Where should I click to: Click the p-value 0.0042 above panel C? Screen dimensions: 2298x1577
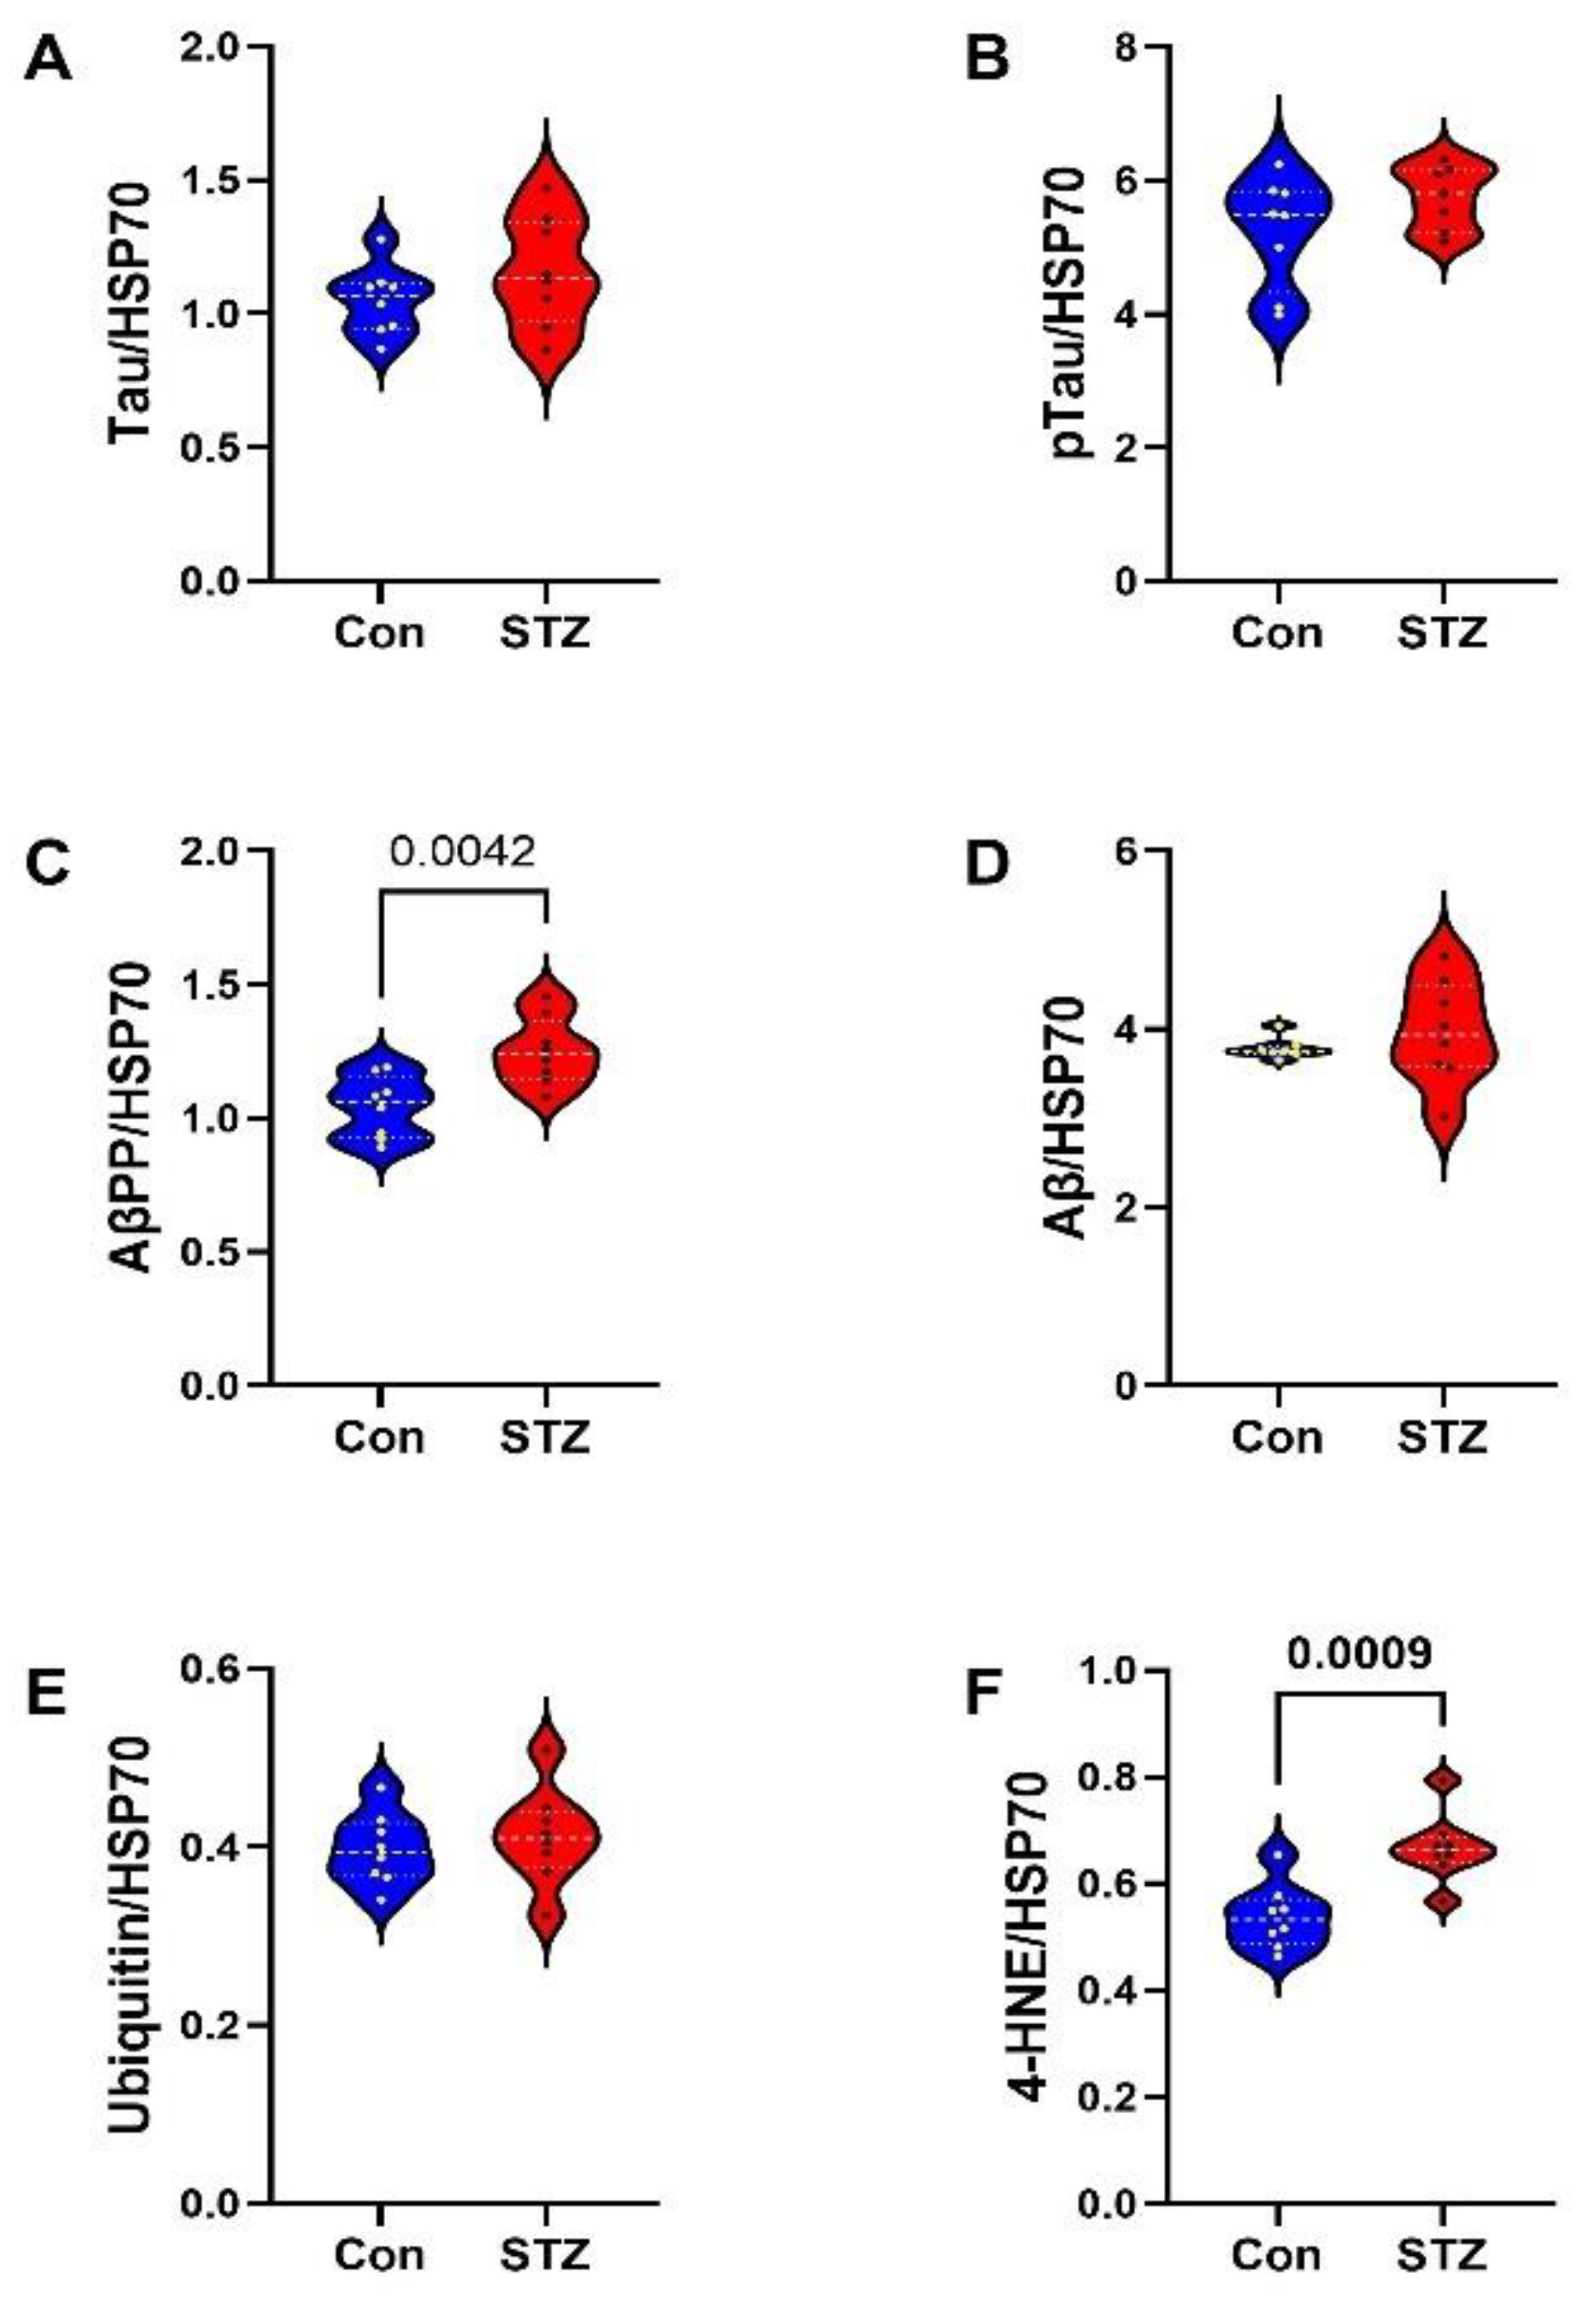(x=462, y=851)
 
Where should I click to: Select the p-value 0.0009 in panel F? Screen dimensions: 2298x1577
(x=1359, y=1652)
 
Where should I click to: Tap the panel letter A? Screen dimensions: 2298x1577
(x=48, y=63)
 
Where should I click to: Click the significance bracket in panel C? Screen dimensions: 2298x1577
(x=462, y=892)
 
